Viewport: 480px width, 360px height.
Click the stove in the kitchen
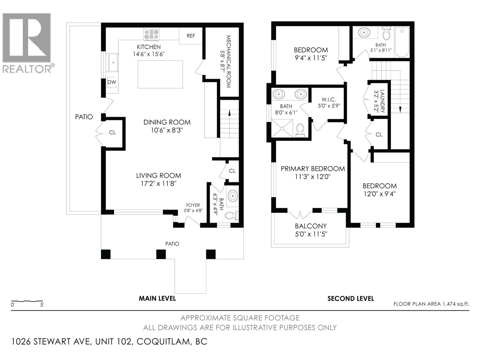(x=151, y=34)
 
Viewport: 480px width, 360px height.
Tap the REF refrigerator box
(x=191, y=36)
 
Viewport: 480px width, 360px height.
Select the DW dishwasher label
(x=112, y=82)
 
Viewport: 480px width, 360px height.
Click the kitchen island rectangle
(x=160, y=74)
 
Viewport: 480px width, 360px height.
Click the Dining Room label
(x=167, y=122)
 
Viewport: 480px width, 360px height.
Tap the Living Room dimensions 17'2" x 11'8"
(x=158, y=183)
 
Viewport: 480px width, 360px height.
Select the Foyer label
(x=193, y=205)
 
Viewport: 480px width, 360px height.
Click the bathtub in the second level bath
(x=402, y=42)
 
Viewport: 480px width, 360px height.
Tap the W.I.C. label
(x=329, y=100)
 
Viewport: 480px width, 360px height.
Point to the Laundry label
(x=382, y=101)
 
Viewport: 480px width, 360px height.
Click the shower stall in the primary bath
(x=282, y=128)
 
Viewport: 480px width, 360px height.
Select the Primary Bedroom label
(x=313, y=169)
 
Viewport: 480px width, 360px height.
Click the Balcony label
(x=311, y=226)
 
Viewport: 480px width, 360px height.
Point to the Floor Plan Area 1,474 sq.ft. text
(x=431, y=304)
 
